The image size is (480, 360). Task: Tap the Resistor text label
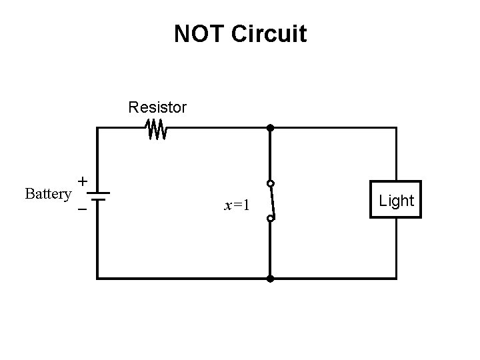157,107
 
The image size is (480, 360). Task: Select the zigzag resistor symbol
157,129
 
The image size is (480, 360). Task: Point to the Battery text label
47,194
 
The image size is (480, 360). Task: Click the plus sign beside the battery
82,181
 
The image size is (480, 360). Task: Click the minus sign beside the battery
82,209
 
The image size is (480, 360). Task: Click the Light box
397,201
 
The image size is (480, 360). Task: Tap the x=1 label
237,205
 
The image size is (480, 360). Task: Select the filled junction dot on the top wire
270,127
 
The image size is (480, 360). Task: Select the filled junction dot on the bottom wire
270,277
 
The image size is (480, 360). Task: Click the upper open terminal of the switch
270,183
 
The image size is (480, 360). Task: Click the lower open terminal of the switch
270,218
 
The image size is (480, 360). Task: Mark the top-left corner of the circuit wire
97,127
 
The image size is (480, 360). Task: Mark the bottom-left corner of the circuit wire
97,277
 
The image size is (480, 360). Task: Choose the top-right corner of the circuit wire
397,127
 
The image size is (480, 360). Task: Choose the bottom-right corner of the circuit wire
397,277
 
